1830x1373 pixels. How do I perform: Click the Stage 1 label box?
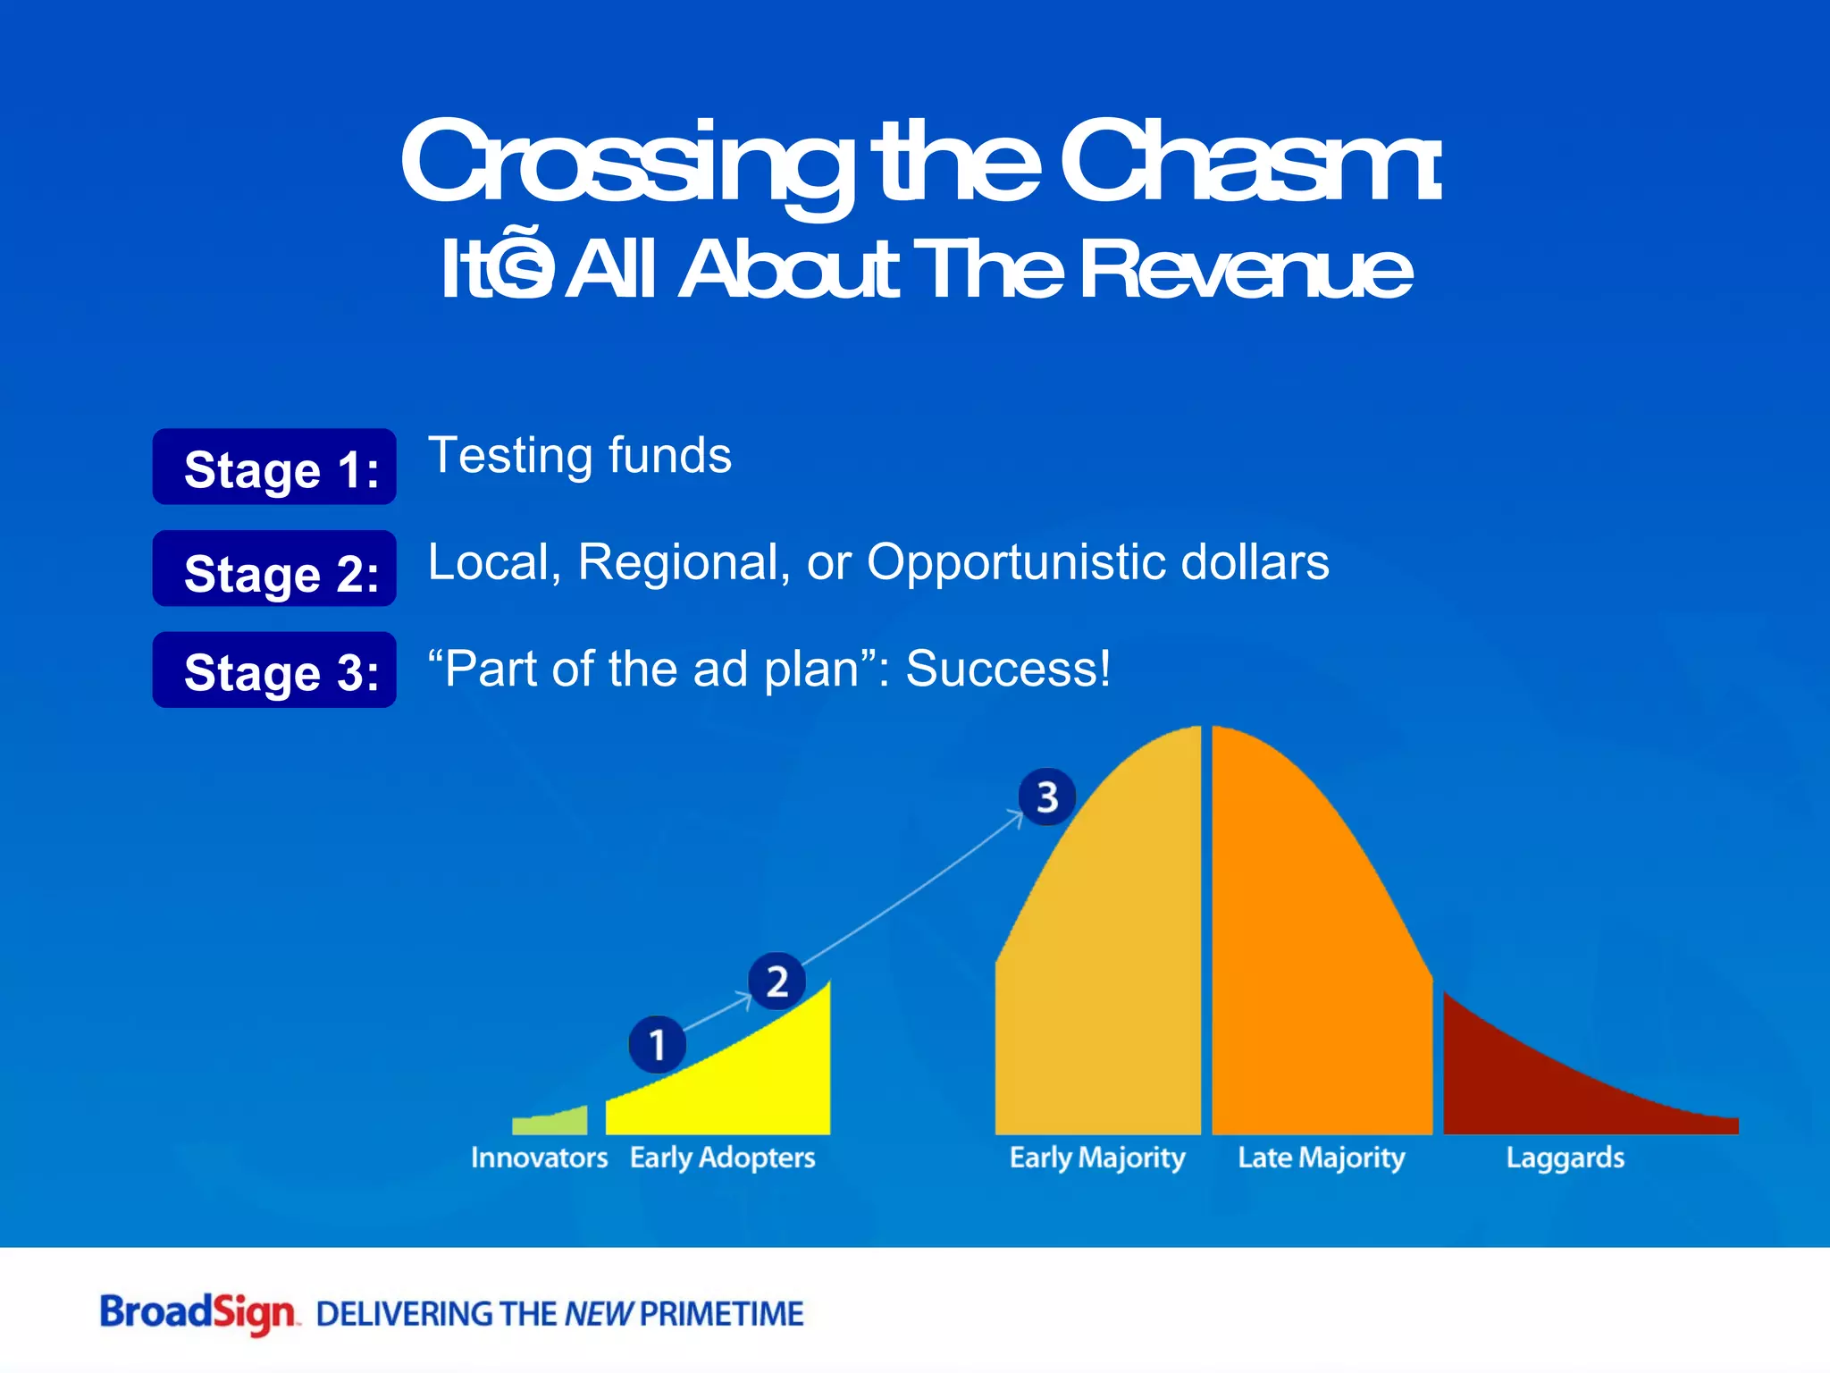pos(274,467)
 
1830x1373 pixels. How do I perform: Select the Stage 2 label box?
pos(274,569)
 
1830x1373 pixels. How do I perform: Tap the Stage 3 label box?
pos(274,670)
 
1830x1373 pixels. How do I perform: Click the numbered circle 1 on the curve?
pos(657,1044)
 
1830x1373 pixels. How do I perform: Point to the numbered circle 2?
pos(776,981)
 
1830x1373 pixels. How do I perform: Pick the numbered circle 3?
pos(1046,796)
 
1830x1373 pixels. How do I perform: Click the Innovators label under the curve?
pos(539,1158)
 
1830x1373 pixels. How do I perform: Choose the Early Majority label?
pos(1096,1158)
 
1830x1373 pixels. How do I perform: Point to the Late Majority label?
pos(1321,1158)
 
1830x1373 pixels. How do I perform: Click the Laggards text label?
pos(1565,1158)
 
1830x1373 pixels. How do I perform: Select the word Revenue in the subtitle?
pos(1247,270)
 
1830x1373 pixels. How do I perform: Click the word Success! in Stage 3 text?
pos(1008,669)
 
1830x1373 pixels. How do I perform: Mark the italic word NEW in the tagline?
pos(599,1314)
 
